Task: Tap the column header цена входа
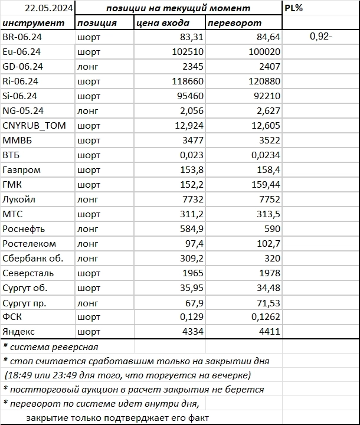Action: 163,23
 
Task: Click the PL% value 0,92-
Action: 321,37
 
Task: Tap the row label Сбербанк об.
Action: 32,258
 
